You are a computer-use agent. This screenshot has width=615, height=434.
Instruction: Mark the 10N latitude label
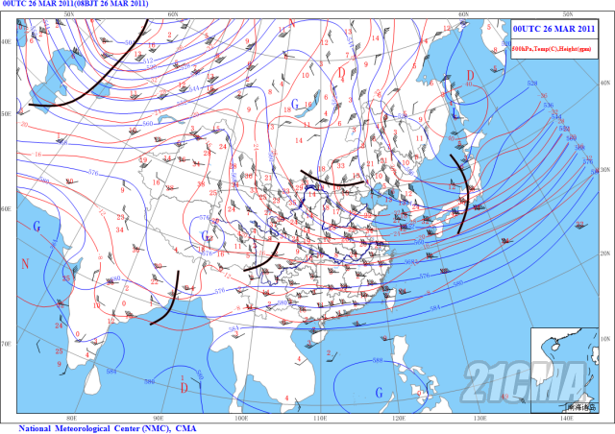[606, 338]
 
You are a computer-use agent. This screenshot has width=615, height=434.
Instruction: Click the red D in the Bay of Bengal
[184, 387]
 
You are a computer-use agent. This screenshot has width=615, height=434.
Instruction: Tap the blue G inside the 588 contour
[379, 392]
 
